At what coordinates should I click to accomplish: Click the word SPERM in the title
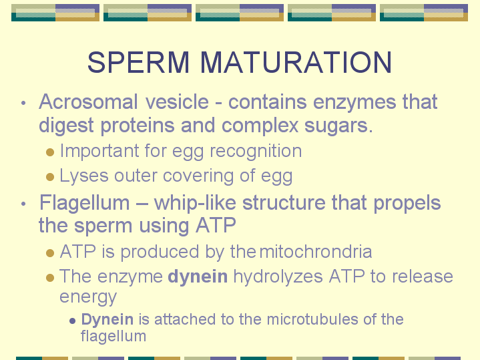(138, 62)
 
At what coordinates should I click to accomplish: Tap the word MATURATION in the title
(296, 62)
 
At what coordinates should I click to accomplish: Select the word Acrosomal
(88, 102)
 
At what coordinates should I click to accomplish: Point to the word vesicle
(177, 102)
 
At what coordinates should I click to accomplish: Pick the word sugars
(338, 126)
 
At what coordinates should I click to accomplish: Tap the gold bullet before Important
(50, 152)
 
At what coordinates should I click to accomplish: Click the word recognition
(256, 152)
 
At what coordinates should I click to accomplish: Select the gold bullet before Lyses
(50, 177)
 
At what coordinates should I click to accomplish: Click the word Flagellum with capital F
(85, 204)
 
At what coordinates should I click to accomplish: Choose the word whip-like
(195, 203)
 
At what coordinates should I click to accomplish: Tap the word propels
(407, 204)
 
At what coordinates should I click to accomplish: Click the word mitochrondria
(316, 252)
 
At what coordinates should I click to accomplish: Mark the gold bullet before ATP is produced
(50, 253)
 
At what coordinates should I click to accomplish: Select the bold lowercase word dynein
(198, 277)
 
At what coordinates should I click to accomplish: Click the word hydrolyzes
(278, 277)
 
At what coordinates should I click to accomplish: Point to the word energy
(88, 297)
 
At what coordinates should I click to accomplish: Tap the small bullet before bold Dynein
(73, 321)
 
